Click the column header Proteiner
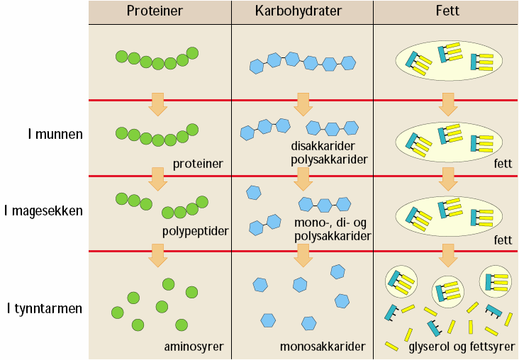point(160,11)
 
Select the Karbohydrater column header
point(302,11)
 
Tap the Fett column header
point(446,11)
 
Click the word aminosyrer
point(194,347)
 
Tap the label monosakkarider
point(323,347)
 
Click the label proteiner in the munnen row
point(198,164)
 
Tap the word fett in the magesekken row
point(503,240)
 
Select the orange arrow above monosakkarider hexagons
point(303,254)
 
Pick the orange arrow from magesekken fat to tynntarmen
point(447,254)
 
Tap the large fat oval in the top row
point(447,60)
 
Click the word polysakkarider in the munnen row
point(329,159)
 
